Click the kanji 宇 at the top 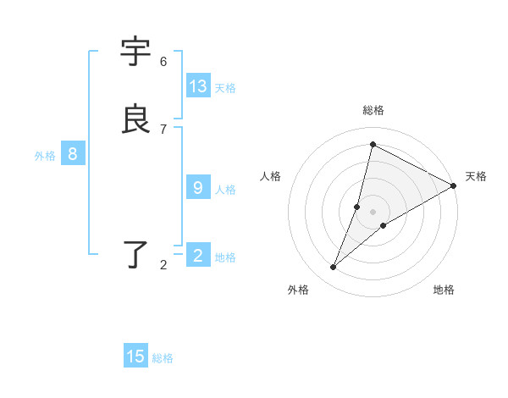(x=136, y=52)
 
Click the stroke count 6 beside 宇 (x=163, y=62)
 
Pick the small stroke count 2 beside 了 (x=163, y=266)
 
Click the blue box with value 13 (x=198, y=86)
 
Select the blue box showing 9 (x=198, y=188)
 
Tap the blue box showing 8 (x=73, y=154)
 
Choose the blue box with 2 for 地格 (x=198, y=256)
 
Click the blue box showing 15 (x=135, y=357)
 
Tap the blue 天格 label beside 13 (x=225, y=88)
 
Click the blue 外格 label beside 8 (x=45, y=156)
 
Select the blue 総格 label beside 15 (x=163, y=358)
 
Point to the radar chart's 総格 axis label (x=373, y=110)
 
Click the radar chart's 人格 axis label (x=270, y=176)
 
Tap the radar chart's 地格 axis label (x=444, y=290)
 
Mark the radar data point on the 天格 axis (x=454, y=185)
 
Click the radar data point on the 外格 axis (x=334, y=268)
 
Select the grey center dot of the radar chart (x=373, y=212)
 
